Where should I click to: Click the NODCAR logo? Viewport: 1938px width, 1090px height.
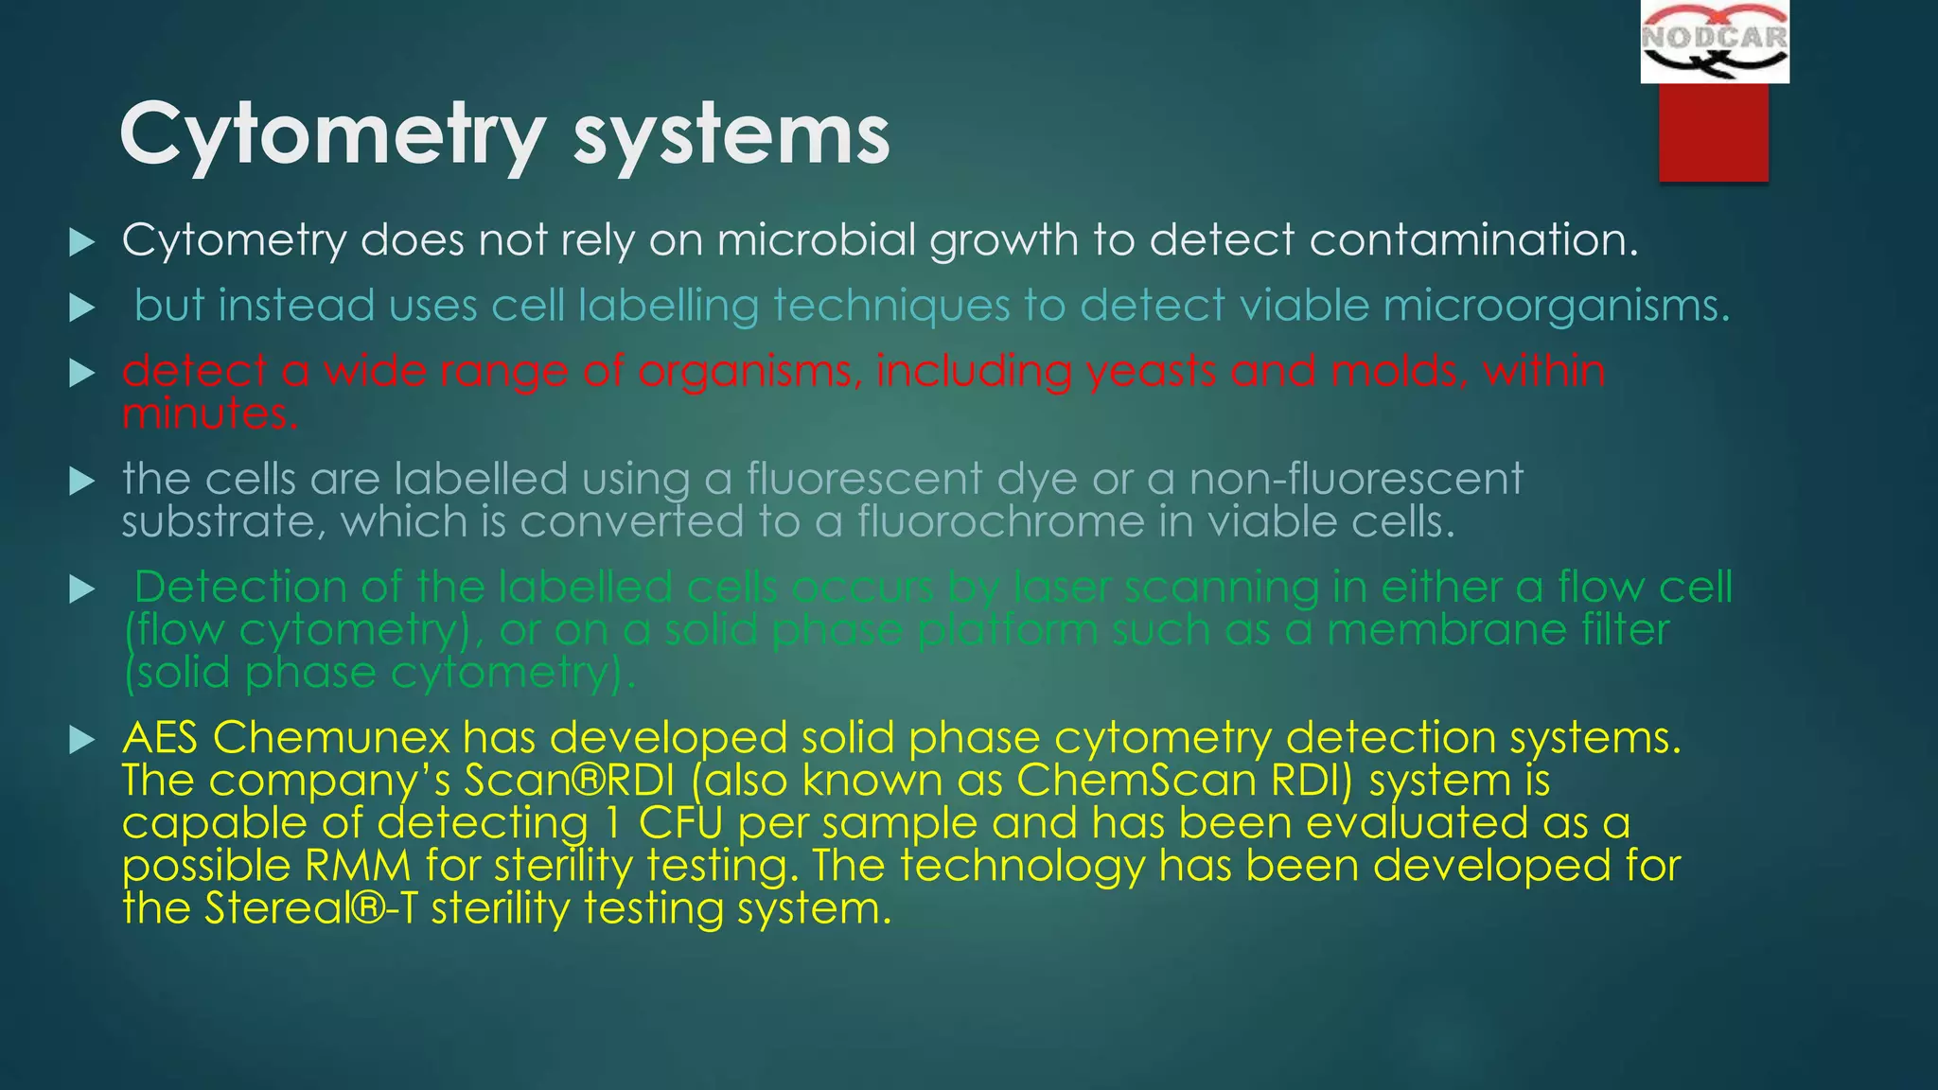1715,42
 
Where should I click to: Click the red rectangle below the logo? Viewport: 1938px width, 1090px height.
1713,132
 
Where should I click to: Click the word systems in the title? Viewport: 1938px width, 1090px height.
731,135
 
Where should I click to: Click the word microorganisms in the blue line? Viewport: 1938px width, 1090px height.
1556,306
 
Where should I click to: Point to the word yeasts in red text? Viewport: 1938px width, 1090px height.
1154,371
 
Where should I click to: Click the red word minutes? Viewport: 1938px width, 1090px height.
210,414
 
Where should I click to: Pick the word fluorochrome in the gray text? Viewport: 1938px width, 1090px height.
1001,522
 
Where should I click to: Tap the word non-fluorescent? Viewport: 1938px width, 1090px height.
1355,479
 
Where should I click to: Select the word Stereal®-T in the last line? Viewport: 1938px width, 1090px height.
310,908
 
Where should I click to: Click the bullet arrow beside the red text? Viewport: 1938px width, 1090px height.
82,374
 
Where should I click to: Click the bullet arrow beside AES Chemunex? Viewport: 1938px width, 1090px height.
82,740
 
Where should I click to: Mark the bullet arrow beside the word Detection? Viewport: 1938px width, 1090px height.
82,590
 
